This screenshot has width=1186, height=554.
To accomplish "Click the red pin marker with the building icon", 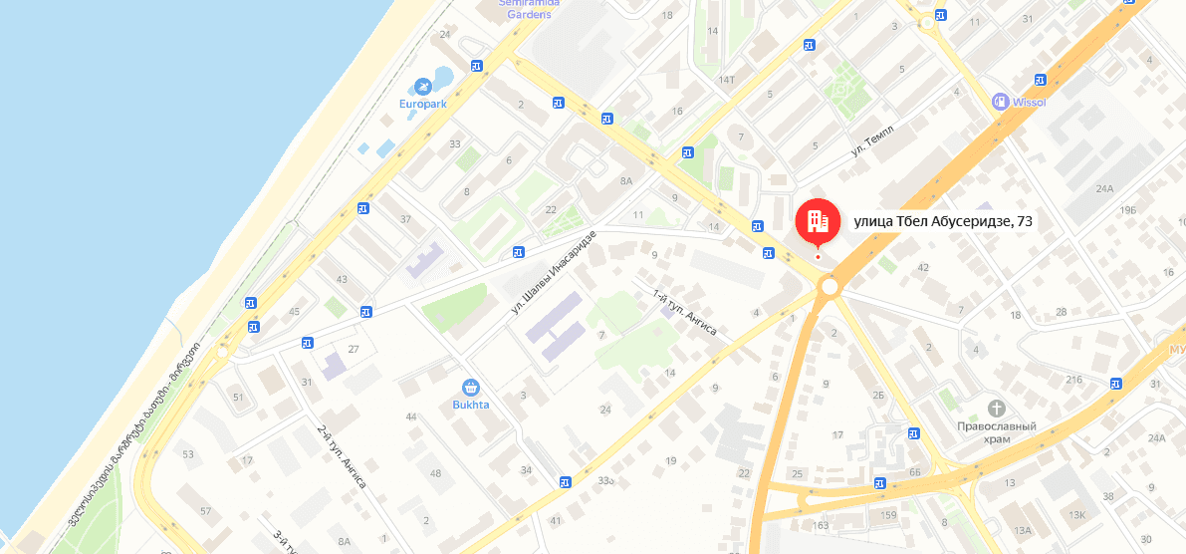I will pyautogui.click(x=818, y=221).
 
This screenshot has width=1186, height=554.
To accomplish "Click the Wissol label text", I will pyautogui.click(x=1030, y=102).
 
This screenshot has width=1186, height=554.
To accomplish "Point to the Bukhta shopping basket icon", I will pyautogui.click(x=471, y=388).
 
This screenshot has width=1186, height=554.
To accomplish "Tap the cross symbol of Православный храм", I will pyautogui.click(x=997, y=409).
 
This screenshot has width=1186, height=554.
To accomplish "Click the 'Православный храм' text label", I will pyautogui.click(x=997, y=432).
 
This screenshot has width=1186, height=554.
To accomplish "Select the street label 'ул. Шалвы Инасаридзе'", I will pyautogui.click(x=554, y=271).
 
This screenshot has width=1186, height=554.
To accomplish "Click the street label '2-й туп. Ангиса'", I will pyautogui.click(x=342, y=456).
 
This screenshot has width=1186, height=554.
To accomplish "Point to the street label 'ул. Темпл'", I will pyautogui.click(x=873, y=140).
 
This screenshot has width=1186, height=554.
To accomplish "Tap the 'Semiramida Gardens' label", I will pyautogui.click(x=529, y=8).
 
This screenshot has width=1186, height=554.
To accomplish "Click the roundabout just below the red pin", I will pyautogui.click(x=829, y=287).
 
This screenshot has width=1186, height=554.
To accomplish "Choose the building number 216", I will pyautogui.click(x=1073, y=380).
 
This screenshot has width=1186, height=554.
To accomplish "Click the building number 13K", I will pyautogui.click(x=1076, y=514).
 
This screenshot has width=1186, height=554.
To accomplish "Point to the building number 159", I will pyautogui.click(x=888, y=514).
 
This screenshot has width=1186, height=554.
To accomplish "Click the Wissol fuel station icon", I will pyautogui.click(x=1000, y=101).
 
